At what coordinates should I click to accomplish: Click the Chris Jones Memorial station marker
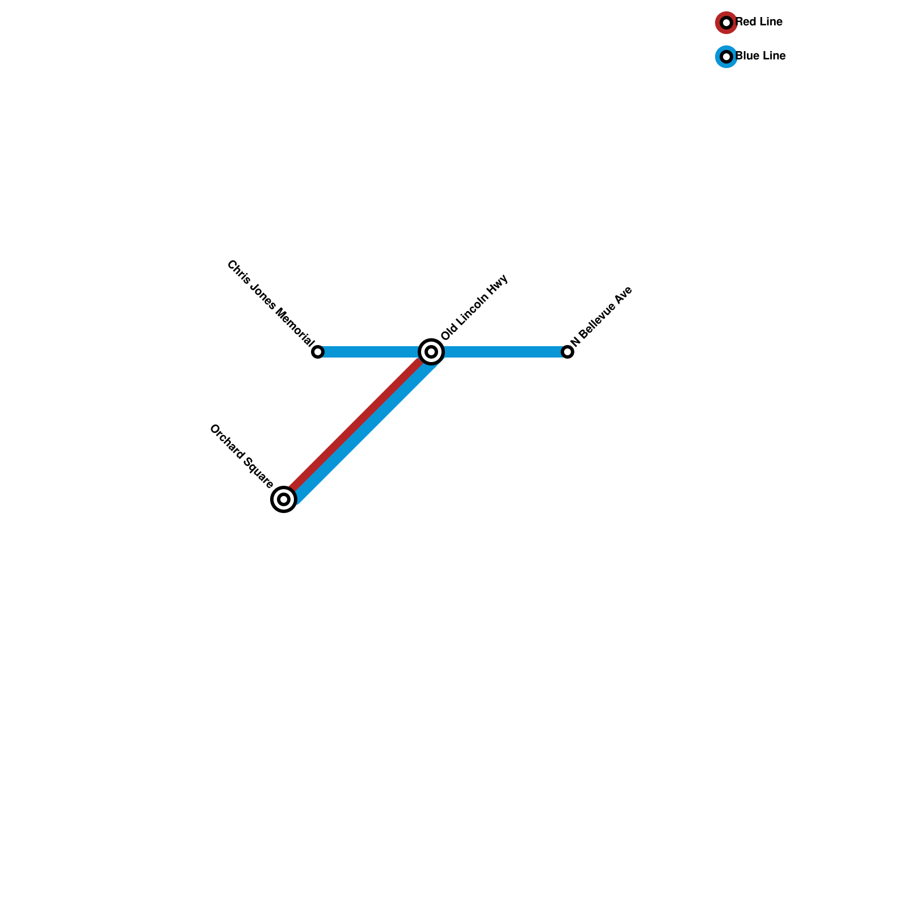[318, 352]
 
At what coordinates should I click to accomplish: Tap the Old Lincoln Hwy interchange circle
[431, 352]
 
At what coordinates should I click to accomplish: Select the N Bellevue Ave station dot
[567, 352]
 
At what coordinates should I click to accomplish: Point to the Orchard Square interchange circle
[284, 499]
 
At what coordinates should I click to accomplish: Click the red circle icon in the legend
[726, 23]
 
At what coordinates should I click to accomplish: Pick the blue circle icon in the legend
[726, 57]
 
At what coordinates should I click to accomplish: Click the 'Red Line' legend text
[759, 22]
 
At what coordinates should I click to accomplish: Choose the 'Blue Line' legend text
[760, 56]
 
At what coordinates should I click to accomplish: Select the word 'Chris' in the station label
[236, 269]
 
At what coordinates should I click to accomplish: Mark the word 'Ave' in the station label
[624, 295]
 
